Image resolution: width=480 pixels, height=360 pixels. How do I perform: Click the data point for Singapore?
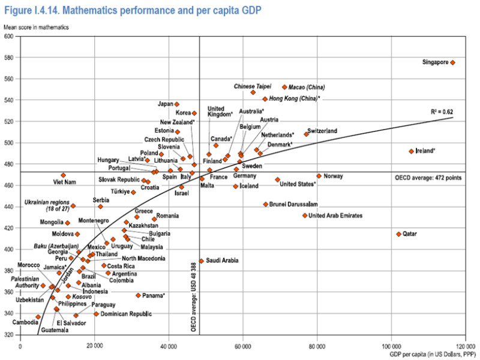(x=453, y=62)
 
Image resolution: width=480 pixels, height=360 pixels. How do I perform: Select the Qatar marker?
(x=398, y=234)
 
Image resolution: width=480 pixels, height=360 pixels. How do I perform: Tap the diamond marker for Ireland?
(x=411, y=151)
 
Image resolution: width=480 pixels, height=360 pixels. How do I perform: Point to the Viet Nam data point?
(x=63, y=175)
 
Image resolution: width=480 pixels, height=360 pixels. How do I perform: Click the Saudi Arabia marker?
(x=202, y=261)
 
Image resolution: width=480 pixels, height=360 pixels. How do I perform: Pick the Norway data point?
(x=319, y=176)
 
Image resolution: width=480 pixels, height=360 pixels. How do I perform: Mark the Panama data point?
(x=138, y=295)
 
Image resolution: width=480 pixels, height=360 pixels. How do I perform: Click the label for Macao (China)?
(x=307, y=88)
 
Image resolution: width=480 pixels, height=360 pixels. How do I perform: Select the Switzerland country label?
(x=322, y=131)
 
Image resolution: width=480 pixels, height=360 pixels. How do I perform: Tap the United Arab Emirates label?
(x=339, y=215)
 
